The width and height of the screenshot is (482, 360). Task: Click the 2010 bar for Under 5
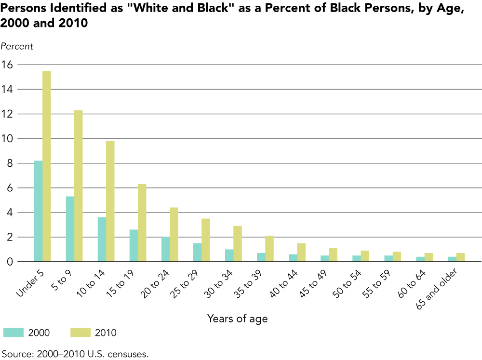click(x=46, y=166)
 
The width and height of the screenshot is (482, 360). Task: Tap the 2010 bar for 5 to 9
click(x=78, y=186)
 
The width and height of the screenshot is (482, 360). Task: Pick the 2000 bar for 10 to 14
click(x=102, y=240)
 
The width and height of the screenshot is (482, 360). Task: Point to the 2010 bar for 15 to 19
click(x=142, y=223)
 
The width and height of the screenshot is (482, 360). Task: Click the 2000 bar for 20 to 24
click(x=165, y=249)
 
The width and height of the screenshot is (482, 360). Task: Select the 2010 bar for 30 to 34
click(x=237, y=244)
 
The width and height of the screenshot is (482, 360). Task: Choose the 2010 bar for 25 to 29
click(x=205, y=240)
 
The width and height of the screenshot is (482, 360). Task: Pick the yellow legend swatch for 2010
click(x=81, y=332)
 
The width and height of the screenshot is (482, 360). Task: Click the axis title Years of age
click(x=237, y=319)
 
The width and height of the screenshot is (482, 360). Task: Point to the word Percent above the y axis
click(x=17, y=46)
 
